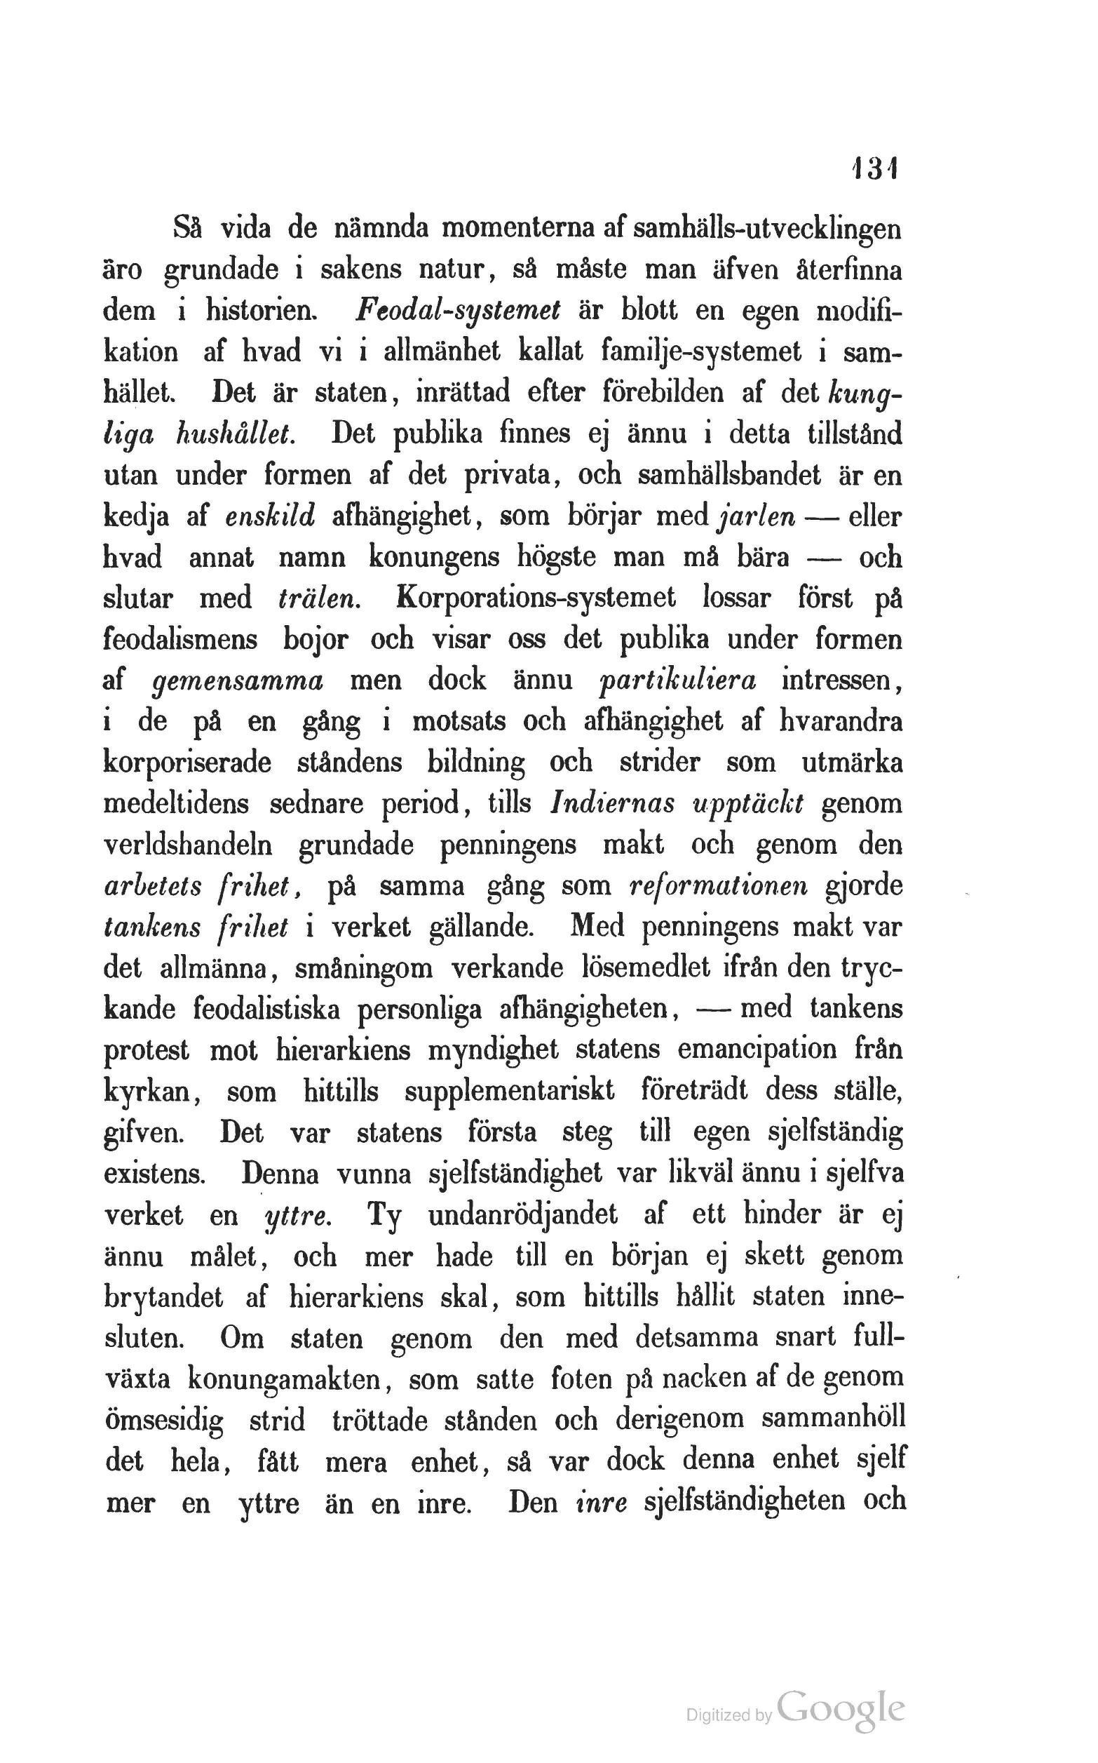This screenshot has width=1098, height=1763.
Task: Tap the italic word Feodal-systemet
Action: point(459,311)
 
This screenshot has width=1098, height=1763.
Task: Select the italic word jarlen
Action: point(756,517)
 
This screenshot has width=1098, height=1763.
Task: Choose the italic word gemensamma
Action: point(239,681)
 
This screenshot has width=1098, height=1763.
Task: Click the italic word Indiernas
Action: point(612,804)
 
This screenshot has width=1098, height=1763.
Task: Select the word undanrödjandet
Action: point(523,1214)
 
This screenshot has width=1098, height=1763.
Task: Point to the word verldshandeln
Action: point(189,845)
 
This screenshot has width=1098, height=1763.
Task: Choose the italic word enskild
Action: point(270,516)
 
